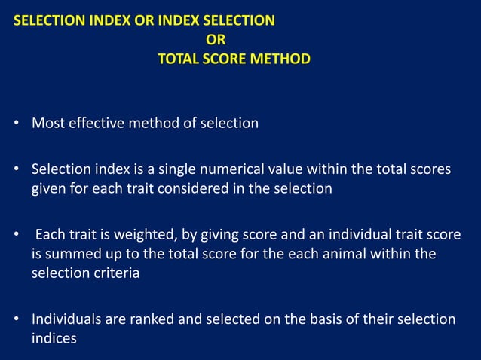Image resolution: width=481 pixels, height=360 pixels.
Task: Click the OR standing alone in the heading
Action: (216, 39)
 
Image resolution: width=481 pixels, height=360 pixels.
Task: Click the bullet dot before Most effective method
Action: (16, 124)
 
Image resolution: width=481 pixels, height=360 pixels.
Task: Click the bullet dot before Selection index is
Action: (16, 170)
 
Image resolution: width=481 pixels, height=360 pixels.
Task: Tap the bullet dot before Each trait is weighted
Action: (16, 236)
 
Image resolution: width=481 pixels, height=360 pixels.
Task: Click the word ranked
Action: (149, 319)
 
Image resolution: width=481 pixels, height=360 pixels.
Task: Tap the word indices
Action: (54, 338)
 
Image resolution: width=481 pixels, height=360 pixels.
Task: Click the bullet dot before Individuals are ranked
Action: (16, 320)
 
